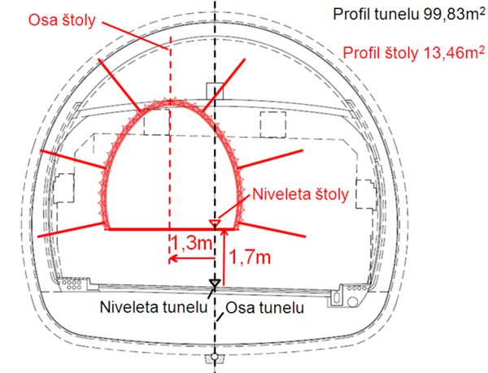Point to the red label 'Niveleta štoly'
[301, 195]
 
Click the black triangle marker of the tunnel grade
[215, 283]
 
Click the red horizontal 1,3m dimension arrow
[192, 258]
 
